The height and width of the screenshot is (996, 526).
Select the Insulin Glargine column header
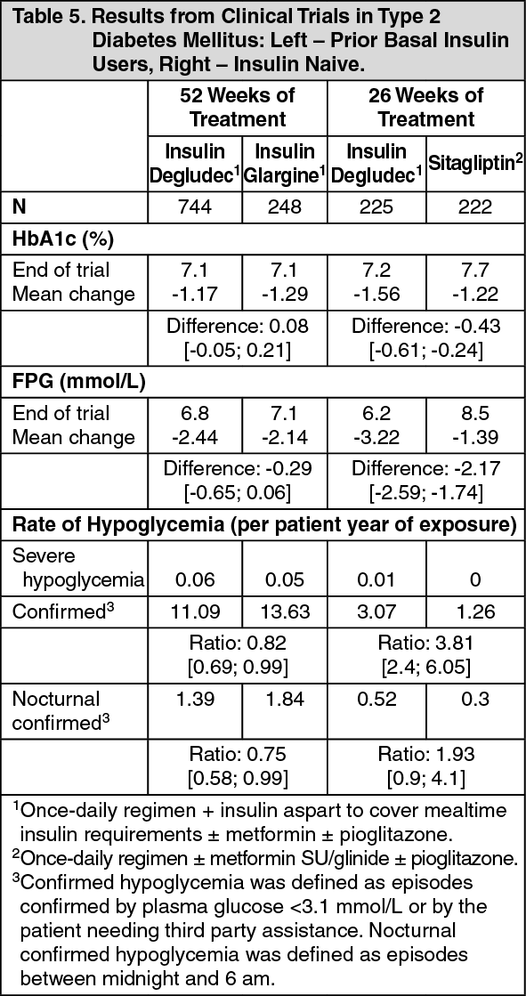[285, 163]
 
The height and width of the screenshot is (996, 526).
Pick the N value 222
[475, 207]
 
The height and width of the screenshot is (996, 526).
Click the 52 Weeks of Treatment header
[239, 107]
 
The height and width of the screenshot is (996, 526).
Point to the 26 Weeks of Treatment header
[426, 107]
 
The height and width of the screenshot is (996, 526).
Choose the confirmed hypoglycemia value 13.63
[285, 611]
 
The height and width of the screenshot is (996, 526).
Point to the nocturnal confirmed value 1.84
[285, 699]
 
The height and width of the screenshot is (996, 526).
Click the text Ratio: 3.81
[426, 642]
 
